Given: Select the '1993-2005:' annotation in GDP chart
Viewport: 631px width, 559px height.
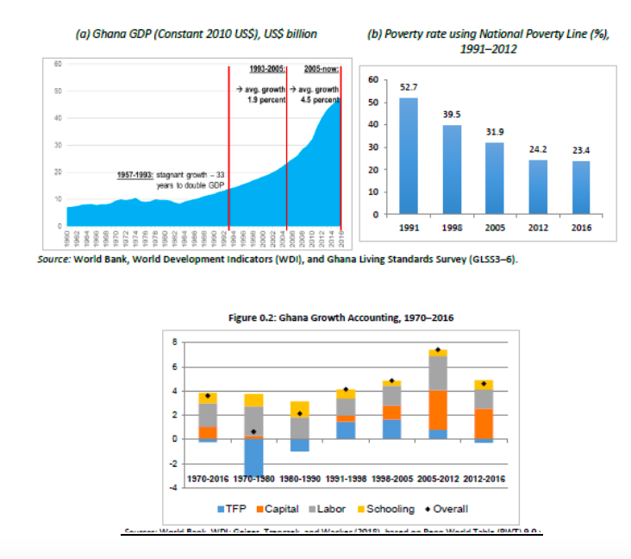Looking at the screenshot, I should pyautogui.click(x=266, y=67).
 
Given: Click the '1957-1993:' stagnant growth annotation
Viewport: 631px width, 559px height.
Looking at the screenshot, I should pyautogui.click(x=134, y=174).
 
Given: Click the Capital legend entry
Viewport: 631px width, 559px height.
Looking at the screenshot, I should pyautogui.click(x=276, y=509).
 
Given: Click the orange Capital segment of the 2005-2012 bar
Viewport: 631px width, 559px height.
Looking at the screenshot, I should pyautogui.click(x=437, y=410).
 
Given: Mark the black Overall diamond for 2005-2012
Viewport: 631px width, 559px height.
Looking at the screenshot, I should pyautogui.click(x=438, y=350).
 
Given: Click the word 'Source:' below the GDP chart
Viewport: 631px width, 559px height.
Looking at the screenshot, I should pyautogui.click(x=53, y=259).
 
